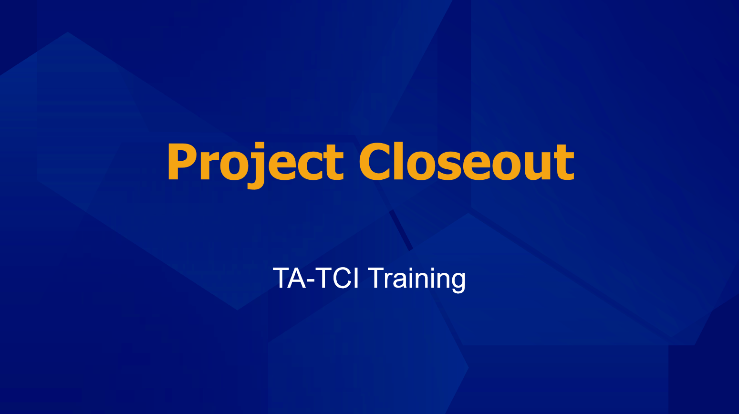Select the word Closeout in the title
click(467, 161)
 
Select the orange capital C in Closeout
click(375, 162)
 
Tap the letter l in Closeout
click(400, 161)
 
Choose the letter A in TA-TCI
click(296, 278)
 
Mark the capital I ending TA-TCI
click(356, 278)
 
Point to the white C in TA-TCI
click(342, 278)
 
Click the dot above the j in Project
click(260, 145)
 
